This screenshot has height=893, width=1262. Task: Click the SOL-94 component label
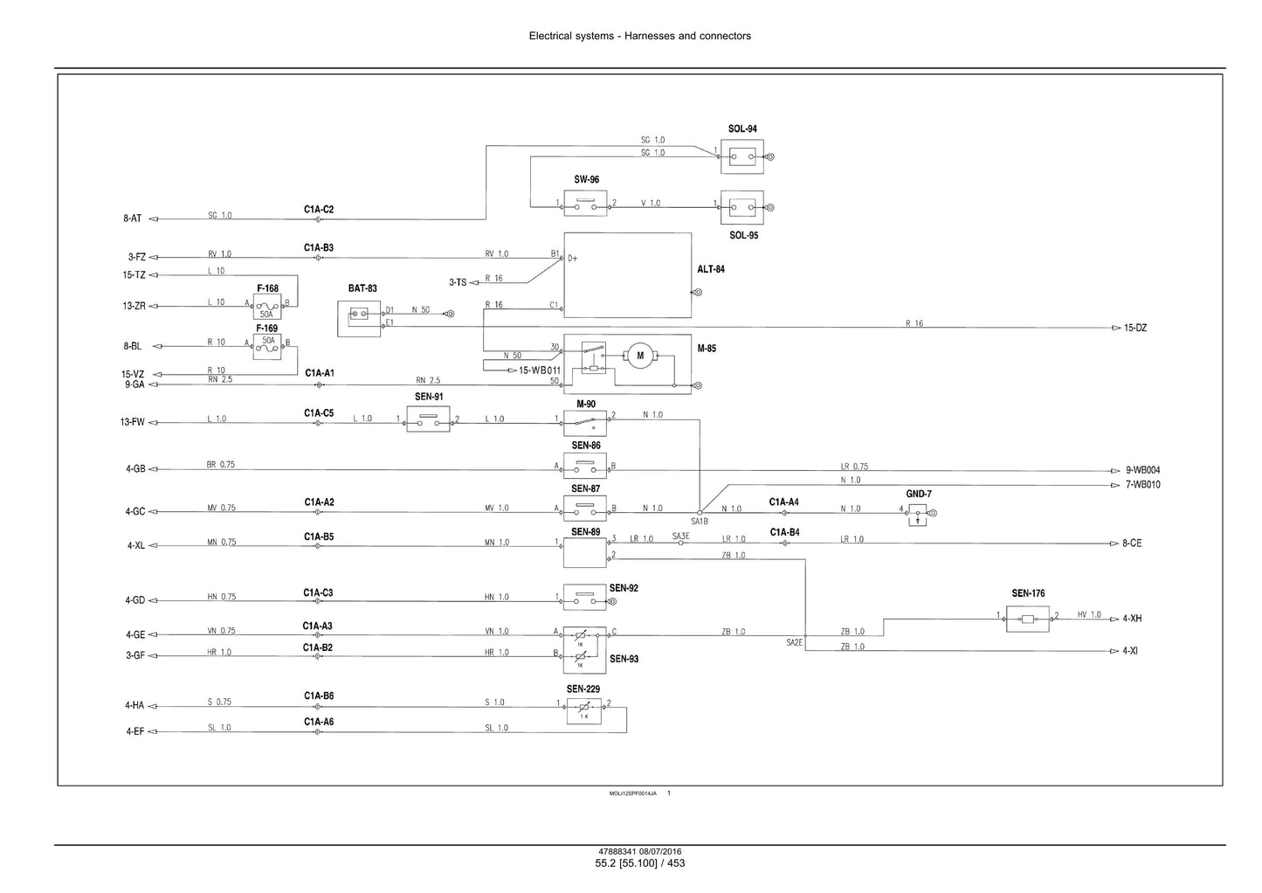742,128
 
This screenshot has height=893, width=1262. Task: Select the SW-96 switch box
585,204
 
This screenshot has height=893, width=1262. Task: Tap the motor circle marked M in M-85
639,356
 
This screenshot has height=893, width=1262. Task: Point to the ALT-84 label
710,269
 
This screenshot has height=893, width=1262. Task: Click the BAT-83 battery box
359,319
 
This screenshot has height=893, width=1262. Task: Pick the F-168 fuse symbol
267,307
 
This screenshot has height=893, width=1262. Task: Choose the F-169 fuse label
267,329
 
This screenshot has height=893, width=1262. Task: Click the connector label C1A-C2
319,210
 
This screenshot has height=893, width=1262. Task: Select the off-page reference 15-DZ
1134,329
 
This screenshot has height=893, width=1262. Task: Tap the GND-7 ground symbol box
917,516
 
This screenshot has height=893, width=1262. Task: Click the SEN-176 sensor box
1028,619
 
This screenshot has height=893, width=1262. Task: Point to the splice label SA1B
700,522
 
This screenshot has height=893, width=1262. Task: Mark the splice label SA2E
795,643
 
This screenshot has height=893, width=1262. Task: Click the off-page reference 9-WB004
1142,470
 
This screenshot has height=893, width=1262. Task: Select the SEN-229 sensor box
584,711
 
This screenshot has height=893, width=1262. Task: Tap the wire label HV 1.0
1089,614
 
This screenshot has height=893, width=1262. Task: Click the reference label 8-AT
133,218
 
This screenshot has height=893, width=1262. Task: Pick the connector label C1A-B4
784,532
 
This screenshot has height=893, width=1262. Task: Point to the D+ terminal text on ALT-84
572,259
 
